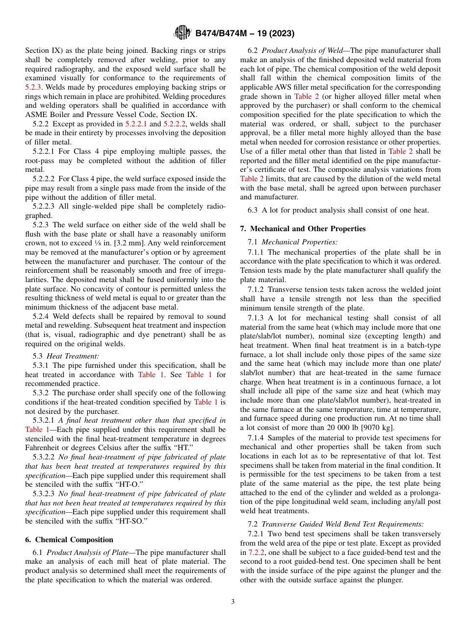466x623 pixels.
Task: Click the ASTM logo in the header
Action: point(182,33)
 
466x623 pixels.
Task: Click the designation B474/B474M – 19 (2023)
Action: point(245,34)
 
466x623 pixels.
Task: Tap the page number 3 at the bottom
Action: point(233,602)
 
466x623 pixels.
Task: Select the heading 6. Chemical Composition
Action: point(69,540)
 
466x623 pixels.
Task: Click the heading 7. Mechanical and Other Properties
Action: point(303,229)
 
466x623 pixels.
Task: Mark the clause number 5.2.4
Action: point(42,316)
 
